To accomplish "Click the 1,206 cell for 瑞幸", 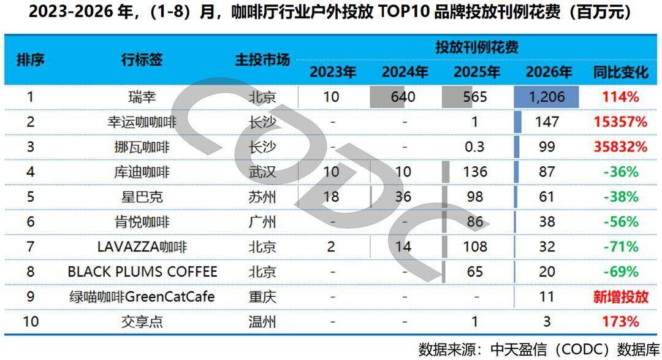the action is tap(547, 97).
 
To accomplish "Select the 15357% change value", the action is tap(620, 122).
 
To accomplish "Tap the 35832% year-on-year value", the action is tap(620, 147).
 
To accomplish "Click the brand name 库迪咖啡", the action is tap(142, 172).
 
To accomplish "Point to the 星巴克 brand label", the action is tap(142, 197).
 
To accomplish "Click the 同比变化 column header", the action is tap(620, 72).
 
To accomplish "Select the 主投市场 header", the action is tap(262, 59).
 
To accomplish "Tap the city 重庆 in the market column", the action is tap(262, 297).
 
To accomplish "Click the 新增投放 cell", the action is tap(620, 297).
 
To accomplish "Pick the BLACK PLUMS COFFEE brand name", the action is tap(142, 272).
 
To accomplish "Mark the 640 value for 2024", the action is tap(403, 97).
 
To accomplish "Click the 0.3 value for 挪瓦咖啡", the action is tap(474, 147).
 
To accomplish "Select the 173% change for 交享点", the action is tap(620, 322).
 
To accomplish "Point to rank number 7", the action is tap(31, 247).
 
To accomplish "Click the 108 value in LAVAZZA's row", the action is tap(475, 247).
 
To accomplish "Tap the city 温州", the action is tap(262, 322).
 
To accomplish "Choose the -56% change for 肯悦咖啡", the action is tap(620, 222).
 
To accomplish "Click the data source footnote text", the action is tap(539, 350).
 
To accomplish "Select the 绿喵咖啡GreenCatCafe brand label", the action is tap(142, 297).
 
